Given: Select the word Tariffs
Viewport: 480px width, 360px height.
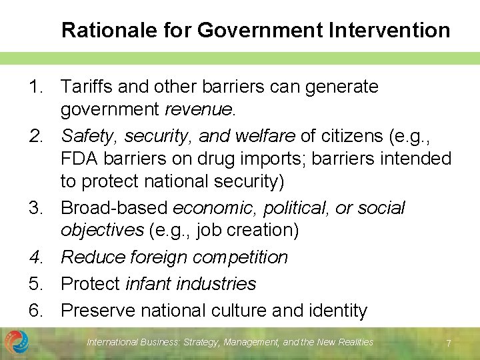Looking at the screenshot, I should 86,87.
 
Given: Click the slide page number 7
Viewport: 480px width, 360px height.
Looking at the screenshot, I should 449,343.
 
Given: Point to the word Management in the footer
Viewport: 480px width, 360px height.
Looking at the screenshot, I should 251,342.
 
